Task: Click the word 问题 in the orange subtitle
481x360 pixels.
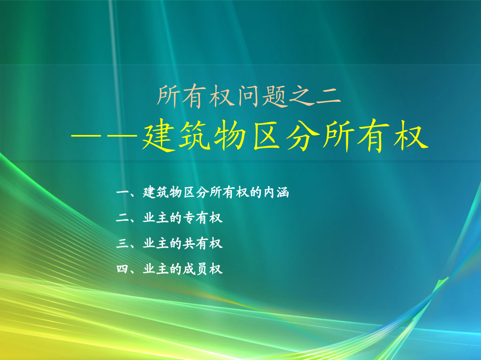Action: (x=263, y=96)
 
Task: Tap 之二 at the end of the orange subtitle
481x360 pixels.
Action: (x=315, y=96)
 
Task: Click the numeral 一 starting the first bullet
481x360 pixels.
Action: (x=122, y=193)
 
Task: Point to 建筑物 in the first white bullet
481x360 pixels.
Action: (x=162, y=192)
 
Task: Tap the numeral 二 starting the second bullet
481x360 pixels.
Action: (x=122, y=218)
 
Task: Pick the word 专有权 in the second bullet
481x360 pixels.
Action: (x=203, y=218)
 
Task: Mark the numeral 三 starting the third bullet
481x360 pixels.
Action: (x=122, y=244)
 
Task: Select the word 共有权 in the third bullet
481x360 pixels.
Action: (x=203, y=244)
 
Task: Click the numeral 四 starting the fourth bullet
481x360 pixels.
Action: (x=122, y=269)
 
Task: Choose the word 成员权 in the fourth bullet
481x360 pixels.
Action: (x=203, y=269)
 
